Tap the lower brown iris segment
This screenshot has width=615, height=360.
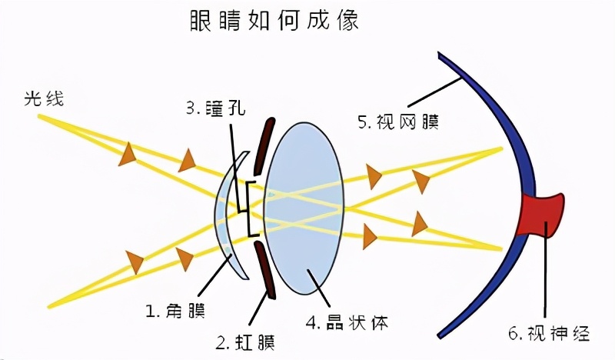(264, 268)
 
